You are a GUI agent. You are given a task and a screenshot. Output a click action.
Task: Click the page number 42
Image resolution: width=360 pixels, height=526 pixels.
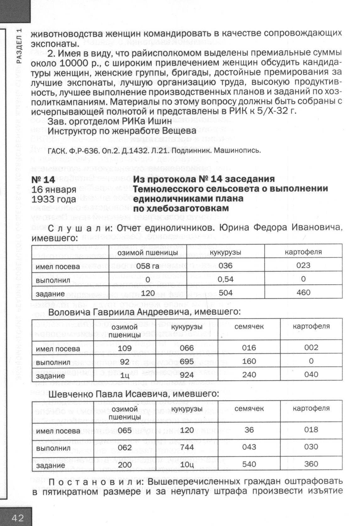pyautogui.click(x=18, y=517)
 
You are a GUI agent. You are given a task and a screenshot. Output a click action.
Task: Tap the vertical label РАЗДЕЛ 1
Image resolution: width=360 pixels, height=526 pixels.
pyautogui.click(x=19, y=46)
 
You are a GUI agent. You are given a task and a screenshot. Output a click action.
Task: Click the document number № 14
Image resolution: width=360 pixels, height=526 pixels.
pyautogui.click(x=43, y=180)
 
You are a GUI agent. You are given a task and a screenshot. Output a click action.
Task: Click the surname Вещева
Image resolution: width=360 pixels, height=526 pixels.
pyautogui.click(x=182, y=130)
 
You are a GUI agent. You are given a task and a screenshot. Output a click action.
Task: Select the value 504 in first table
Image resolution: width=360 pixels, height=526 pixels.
pyautogui.click(x=226, y=293)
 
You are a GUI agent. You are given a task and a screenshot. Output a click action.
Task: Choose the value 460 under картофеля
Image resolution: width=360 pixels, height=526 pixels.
pyautogui.click(x=303, y=292)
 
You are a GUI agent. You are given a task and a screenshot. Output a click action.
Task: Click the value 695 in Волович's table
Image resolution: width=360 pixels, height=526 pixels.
pyautogui.click(x=187, y=362)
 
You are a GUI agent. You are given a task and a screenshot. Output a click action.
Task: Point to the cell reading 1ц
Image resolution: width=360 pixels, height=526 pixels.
pyautogui.click(x=125, y=375)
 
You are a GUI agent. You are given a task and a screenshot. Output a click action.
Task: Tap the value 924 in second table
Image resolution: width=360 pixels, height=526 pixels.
pyautogui.click(x=187, y=375)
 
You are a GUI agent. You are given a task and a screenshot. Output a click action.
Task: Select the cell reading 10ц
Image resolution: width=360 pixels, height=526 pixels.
pyautogui.click(x=187, y=465)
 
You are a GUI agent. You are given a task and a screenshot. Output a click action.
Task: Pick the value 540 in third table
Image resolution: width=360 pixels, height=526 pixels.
pyautogui.click(x=249, y=464)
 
